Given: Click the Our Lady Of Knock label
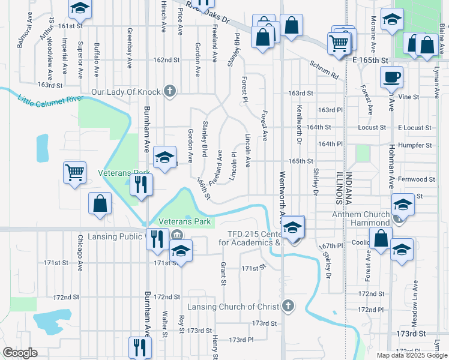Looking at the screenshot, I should point(125,92).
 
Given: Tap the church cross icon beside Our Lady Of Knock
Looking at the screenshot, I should point(170,92).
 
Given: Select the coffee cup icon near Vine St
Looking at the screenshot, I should point(391,77).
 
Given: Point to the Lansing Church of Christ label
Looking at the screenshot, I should point(234,307).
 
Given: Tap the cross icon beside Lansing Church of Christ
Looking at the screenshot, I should point(288,306).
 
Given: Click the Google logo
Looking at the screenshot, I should point(20,353).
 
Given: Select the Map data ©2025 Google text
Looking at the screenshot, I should point(411,355).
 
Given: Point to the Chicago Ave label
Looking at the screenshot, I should point(79,253).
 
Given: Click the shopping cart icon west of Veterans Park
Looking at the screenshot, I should point(75,173).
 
